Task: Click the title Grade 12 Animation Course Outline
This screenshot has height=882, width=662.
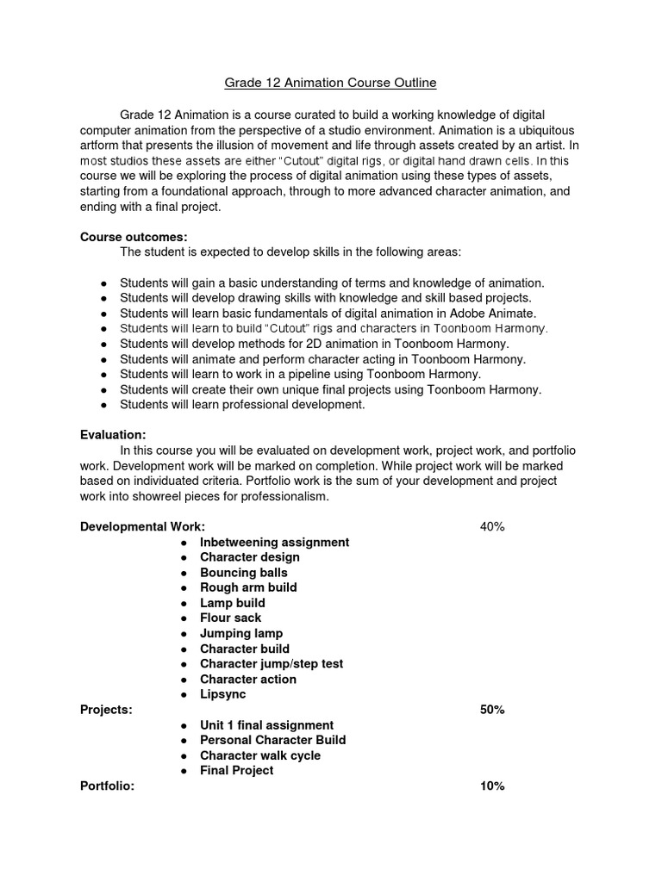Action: [x=330, y=83]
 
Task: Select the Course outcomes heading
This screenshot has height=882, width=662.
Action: [x=134, y=236]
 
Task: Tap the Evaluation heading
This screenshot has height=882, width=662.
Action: [x=113, y=435]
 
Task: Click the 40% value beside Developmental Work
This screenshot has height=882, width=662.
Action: [x=492, y=527]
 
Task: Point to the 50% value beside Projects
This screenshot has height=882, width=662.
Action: [x=492, y=710]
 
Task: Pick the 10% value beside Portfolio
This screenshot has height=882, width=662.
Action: [x=492, y=786]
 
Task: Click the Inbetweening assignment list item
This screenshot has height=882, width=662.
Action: [x=274, y=543]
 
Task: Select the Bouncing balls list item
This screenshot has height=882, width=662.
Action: [x=244, y=573]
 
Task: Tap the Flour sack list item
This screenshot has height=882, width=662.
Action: [x=230, y=618]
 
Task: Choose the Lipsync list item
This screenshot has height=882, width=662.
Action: [x=222, y=694]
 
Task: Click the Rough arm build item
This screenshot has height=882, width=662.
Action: [x=248, y=587]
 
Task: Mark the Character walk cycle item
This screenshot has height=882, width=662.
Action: [x=259, y=755]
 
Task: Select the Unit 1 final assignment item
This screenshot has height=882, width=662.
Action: [x=266, y=725]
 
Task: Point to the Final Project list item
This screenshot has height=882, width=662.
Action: [x=236, y=770]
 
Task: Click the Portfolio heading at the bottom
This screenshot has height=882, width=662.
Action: [x=107, y=786]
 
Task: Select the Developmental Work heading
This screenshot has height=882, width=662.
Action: [x=142, y=527]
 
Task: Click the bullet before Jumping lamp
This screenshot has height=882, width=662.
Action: [x=185, y=634]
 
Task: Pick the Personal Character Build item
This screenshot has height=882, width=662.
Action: [x=272, y=740]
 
